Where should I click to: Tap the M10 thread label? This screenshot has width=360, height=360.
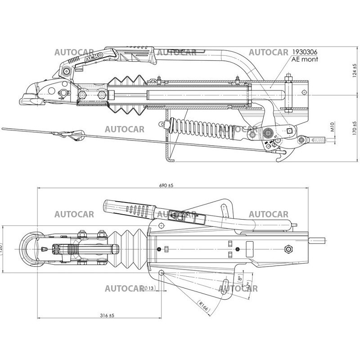(x=332, y=130)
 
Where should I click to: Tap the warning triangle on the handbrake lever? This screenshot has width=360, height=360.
(x=172, y=215)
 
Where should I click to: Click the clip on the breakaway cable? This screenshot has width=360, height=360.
(x=72, y=134)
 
